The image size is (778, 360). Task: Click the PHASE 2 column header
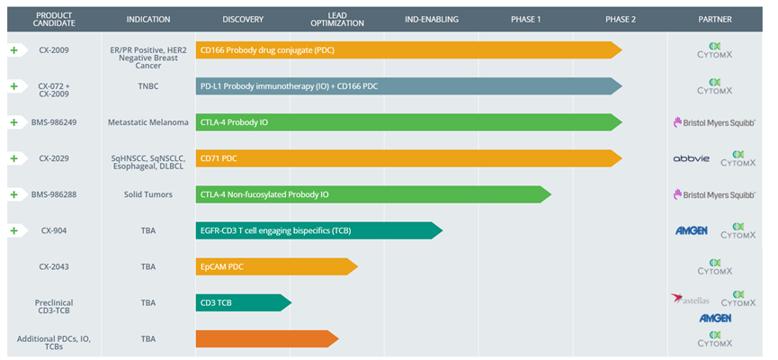point(621,20)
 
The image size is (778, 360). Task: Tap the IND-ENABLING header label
point(432,20)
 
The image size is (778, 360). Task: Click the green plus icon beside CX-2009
point(13,50)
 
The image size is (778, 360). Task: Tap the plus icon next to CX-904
point(13,230)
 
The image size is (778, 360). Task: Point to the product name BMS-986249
point(56,122)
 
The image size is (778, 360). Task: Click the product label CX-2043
point(54,266)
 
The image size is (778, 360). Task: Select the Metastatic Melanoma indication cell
point(148,122)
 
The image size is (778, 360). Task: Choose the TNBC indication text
point(148,85)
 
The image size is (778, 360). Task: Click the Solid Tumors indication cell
point(148,194)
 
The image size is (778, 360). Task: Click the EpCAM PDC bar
point(277,266)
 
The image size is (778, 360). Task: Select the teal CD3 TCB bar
point(244,302)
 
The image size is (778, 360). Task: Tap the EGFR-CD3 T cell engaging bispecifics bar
point(319,230)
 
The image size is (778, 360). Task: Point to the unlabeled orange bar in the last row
point(267,338)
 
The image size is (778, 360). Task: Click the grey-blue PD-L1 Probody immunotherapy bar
point(409,86)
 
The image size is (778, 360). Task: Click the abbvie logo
point(691,159)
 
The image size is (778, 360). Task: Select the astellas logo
point(690,299)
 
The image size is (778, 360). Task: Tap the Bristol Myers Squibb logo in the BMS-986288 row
point(714,194)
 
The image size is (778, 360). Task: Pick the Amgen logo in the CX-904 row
point(691,230)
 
